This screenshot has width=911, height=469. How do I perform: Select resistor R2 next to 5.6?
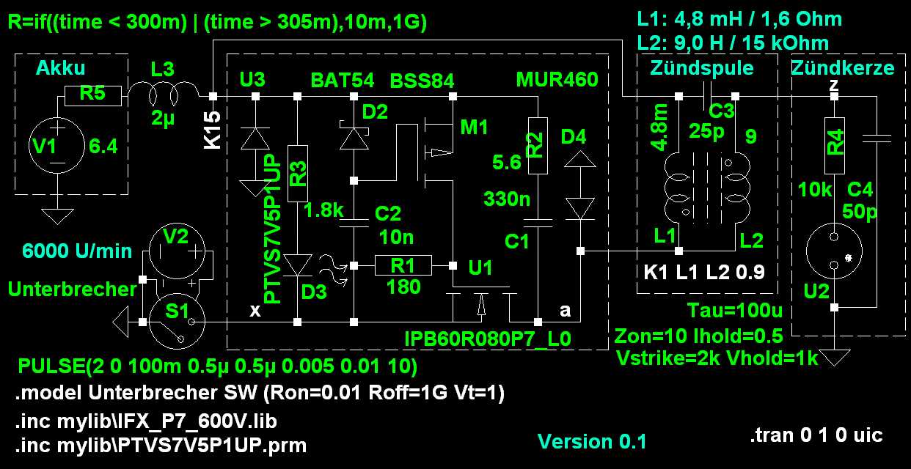coord(538,145)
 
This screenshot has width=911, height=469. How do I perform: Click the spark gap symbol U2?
coord(833,251)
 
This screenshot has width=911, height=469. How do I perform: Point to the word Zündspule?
coord(702,68)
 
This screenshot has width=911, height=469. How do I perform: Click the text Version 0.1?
coord(592,441)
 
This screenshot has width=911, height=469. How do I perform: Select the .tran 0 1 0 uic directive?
coord(816,435)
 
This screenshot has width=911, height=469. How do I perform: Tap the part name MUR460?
coord(557,79)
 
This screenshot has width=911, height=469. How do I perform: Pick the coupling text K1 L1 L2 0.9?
coord(703,273)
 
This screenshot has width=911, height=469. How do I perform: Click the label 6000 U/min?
coord(77,251)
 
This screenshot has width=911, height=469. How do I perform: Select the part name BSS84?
coord(422,79)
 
